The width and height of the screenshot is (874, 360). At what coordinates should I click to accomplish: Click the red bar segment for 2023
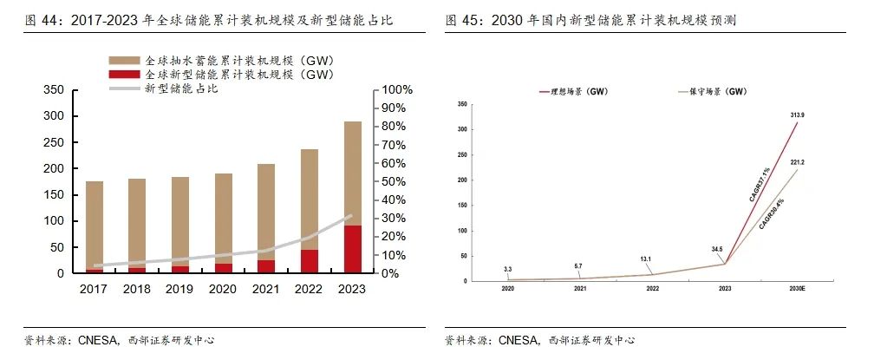coord(354,249)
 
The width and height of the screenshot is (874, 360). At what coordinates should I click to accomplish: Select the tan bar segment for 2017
coord(95,226)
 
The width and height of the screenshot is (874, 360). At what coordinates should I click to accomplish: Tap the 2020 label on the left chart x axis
coord(224,289)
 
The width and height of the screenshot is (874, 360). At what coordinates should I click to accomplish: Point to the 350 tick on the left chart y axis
coord(54,89)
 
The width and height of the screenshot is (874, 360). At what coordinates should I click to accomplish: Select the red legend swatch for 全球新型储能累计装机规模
coord(123,75)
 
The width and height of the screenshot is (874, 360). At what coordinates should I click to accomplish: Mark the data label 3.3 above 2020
coord(508,270)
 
